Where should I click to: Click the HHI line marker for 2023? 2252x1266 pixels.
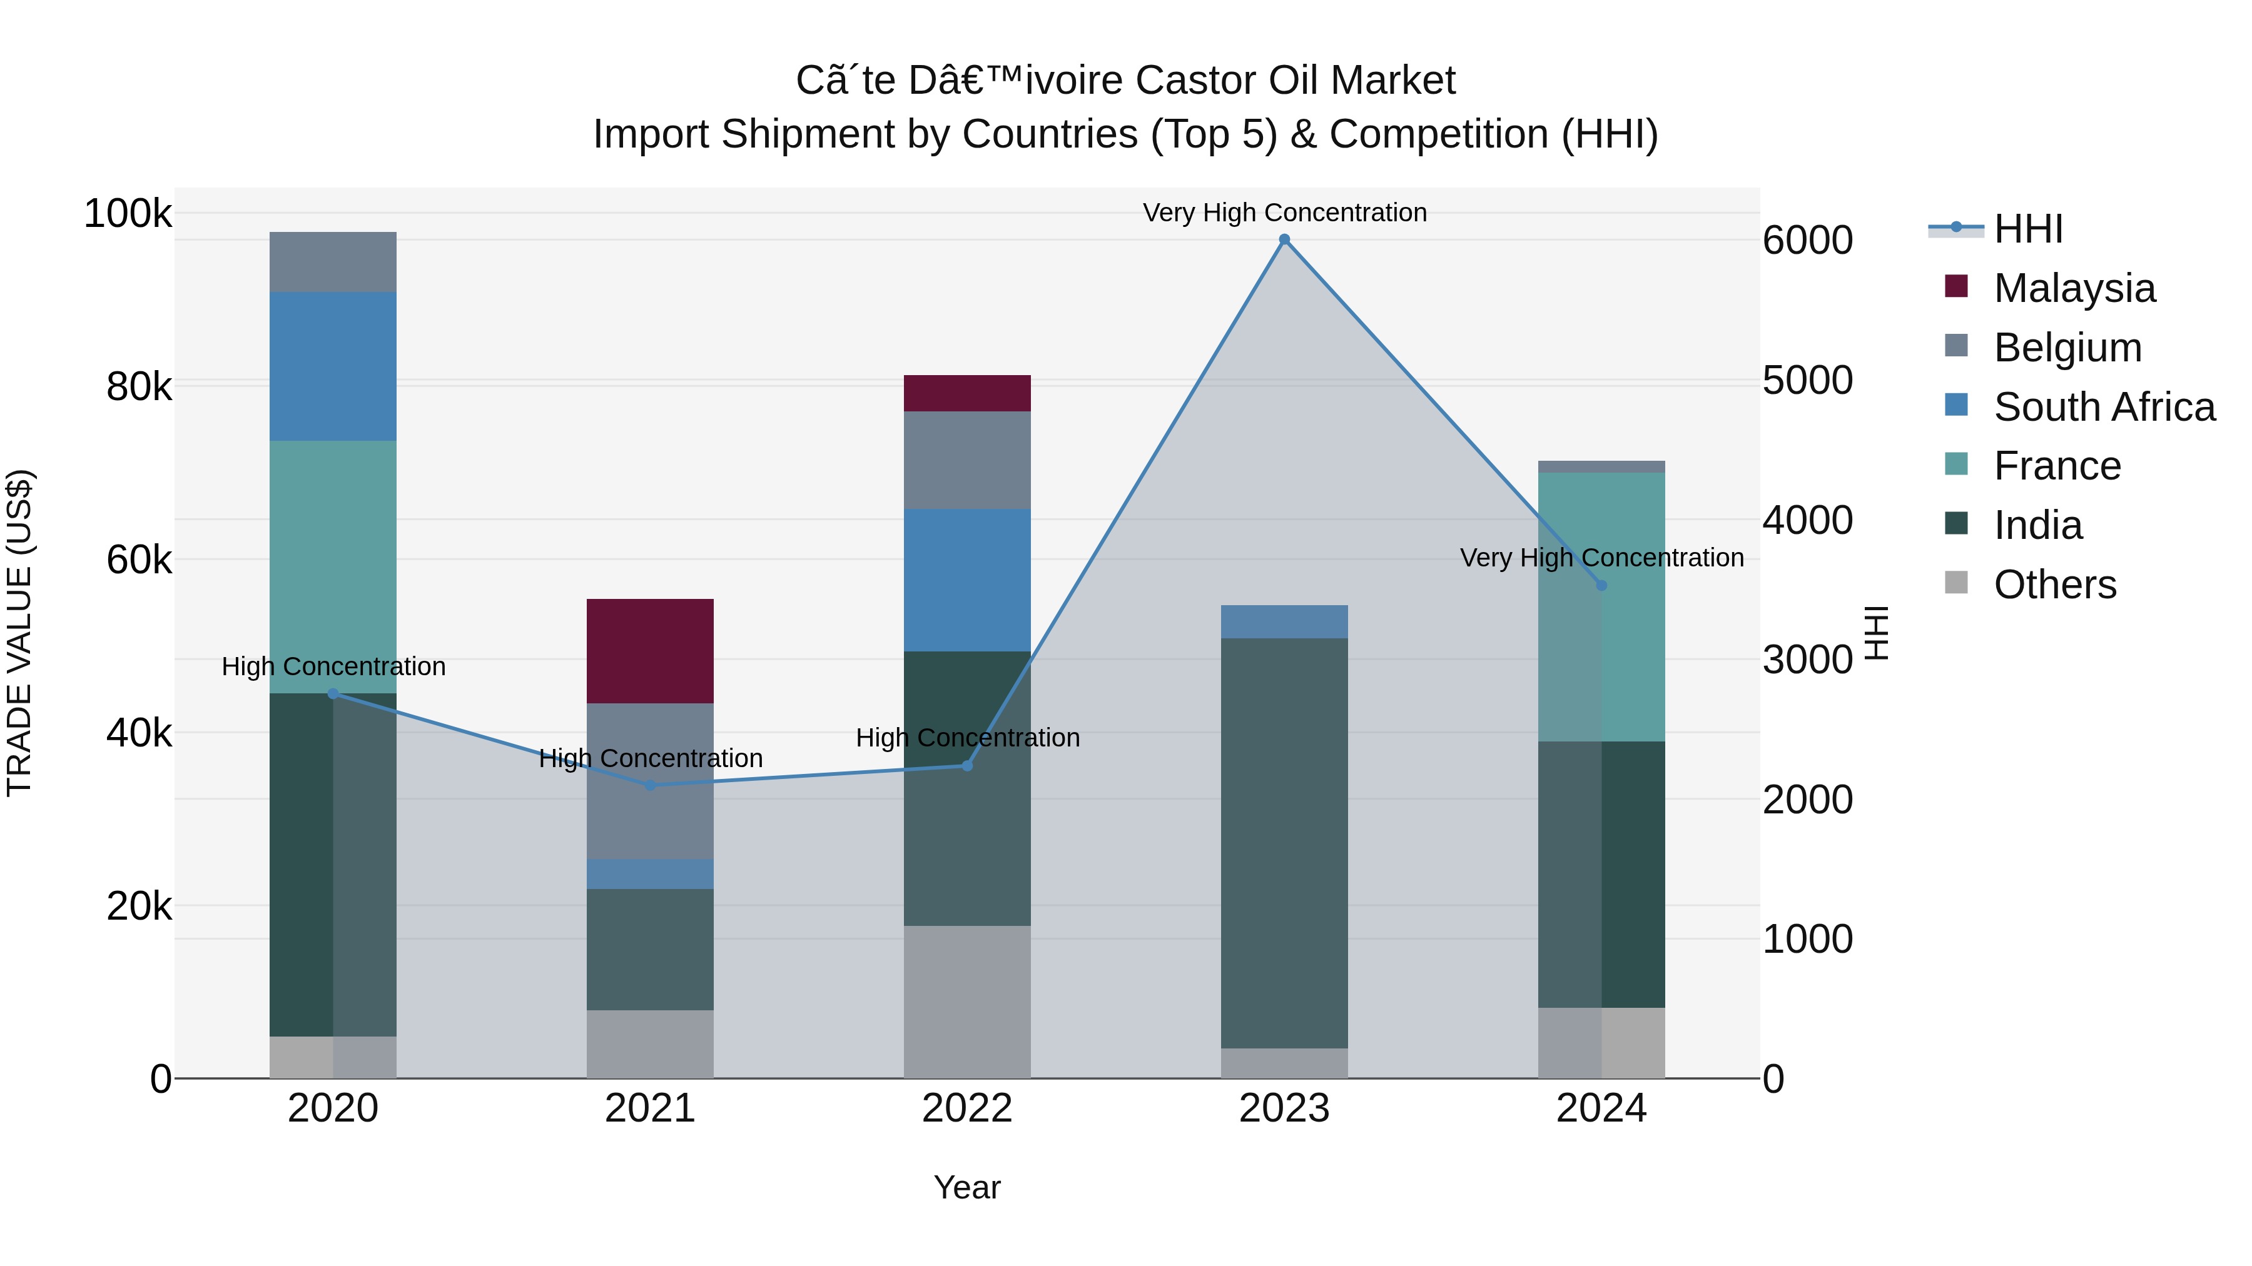[x=1284, y=239]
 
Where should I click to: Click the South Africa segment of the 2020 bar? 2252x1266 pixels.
[x=333, y=366]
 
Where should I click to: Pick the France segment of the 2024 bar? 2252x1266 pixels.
[x=1601, y=607]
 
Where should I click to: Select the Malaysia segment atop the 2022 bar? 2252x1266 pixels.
[x=967, y=393]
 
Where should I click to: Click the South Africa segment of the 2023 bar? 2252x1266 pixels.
[x=1284, y=621]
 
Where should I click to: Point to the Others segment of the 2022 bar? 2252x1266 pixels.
[x=967, y=1002]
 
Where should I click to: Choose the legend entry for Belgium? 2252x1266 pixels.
[x=2067, y=348]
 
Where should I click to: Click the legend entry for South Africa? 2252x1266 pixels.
[x=2103, y=407]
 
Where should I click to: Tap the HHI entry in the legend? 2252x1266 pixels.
[x=2027, y=229]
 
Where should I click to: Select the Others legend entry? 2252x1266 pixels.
[x=2054, y=585]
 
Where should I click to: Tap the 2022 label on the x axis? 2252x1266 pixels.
[x=967, y=1108]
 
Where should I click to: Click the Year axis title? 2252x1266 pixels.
[x=967, y=1187]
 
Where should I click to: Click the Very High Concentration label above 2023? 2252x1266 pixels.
[x=1284, y=213]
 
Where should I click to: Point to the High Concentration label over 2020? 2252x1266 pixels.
[x=333, y=666]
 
